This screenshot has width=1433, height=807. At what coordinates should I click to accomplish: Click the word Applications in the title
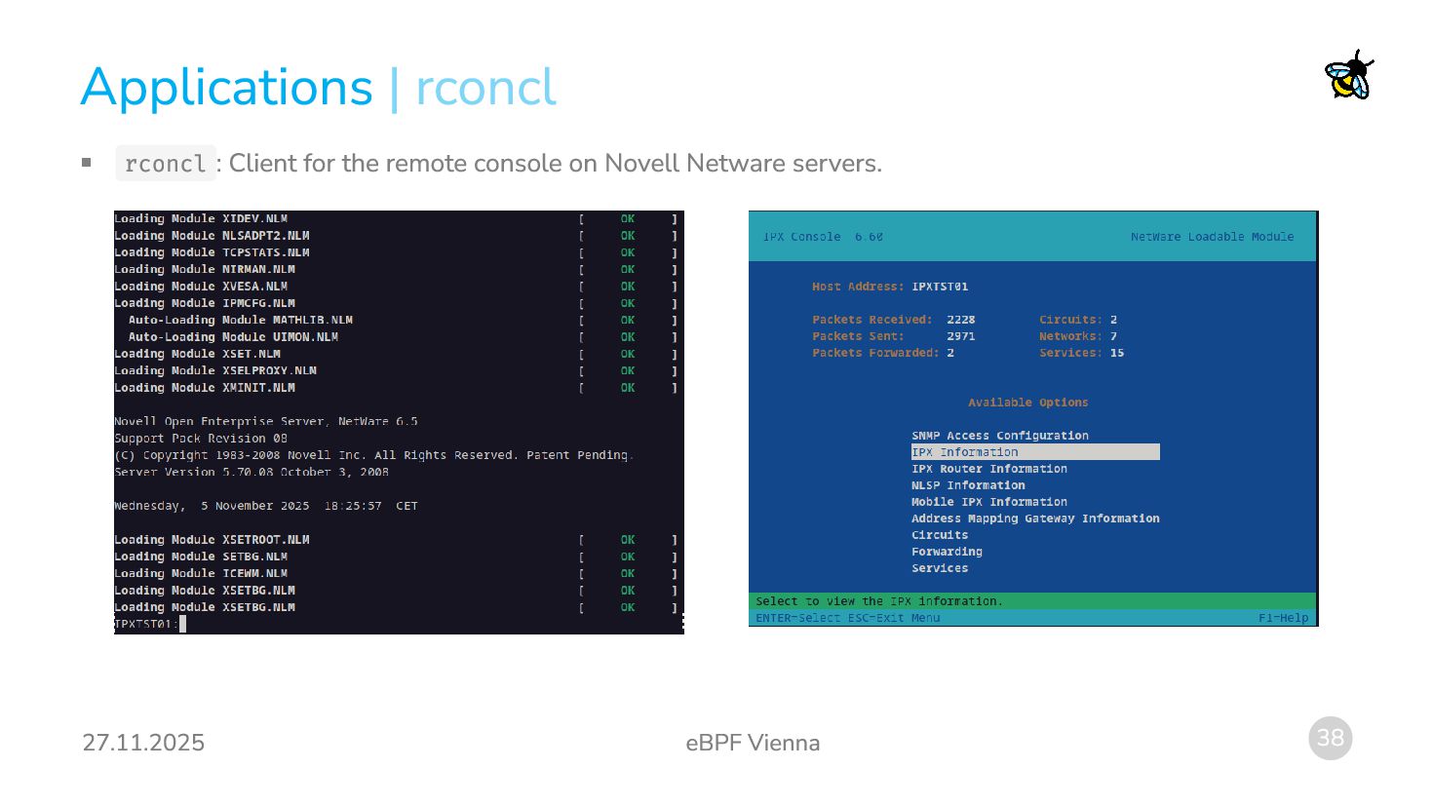(226, 88)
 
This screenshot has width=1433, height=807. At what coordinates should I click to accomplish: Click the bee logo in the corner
(1349, 75)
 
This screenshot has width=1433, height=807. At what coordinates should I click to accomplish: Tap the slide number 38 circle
(1330, 738)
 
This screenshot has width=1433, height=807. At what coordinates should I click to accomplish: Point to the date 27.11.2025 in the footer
(143, 743)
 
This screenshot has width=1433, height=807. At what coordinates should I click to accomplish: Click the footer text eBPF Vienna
(753, 743)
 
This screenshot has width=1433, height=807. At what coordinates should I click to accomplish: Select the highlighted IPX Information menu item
(1034, 452)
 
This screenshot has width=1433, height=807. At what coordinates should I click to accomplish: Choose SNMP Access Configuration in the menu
(999, 436)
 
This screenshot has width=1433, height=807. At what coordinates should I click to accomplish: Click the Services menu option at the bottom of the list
(940, 568)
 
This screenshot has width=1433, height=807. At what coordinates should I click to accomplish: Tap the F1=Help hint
(1283, 618)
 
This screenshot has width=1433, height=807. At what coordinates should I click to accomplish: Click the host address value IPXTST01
(940, 287)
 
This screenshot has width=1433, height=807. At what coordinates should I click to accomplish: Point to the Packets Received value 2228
(960, 320)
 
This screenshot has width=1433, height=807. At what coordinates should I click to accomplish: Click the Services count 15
(1116, 353)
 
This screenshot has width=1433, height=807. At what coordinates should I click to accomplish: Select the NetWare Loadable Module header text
(1212, 237)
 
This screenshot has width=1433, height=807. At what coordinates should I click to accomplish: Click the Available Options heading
(1027, 403)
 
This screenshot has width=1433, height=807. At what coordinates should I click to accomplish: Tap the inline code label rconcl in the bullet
(165, 164)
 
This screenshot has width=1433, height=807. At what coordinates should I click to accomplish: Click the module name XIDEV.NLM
(254, 219)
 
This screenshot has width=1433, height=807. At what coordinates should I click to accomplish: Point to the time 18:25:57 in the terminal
(353, 506)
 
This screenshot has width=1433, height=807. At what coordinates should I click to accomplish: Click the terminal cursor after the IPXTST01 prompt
(182, 624)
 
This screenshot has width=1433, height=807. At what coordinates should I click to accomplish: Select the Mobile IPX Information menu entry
(988, 502)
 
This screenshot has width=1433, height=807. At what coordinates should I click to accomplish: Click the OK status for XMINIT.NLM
(628, 388)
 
